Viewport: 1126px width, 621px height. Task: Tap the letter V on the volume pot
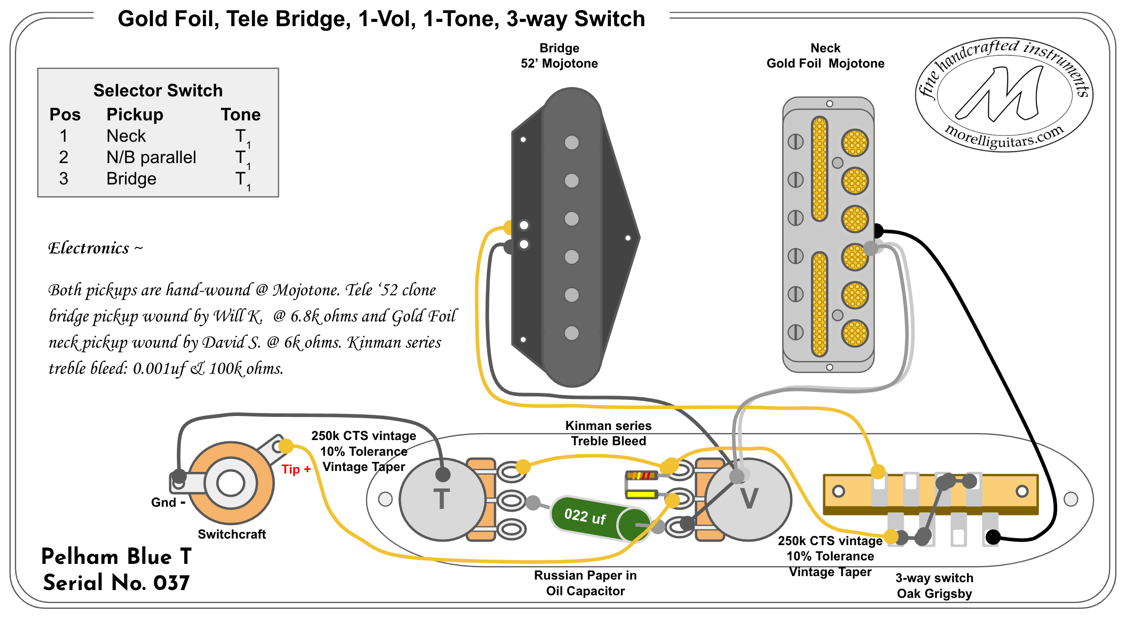749,498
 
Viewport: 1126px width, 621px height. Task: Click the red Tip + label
296,469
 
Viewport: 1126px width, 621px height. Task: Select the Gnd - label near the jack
168,502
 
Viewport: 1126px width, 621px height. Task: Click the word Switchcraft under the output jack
232,534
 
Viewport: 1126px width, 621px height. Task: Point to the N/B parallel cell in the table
151,157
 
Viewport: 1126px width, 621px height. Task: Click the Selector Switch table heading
158,91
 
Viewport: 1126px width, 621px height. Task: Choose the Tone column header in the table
241,115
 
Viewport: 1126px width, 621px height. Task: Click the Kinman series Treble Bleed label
608,433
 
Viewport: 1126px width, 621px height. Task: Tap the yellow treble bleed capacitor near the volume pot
641,495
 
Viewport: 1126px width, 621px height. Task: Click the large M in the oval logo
1001,94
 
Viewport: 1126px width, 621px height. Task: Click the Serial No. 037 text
116,583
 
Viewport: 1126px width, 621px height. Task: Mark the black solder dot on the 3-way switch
993,537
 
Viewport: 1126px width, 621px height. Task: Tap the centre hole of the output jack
231,484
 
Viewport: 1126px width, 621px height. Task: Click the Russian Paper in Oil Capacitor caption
585,583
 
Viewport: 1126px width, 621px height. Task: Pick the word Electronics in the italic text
89,249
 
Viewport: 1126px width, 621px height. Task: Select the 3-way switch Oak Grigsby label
934,586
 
